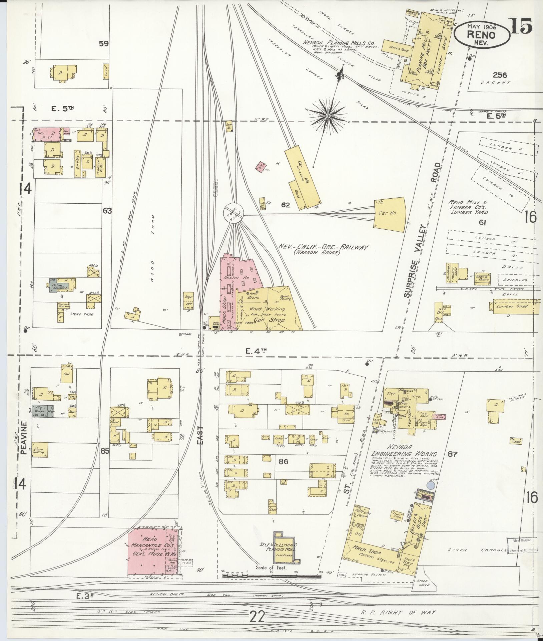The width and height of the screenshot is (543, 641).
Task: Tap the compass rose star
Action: click(x=328, y=116)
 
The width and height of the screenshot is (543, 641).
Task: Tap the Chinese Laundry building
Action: click(x=59, y=286)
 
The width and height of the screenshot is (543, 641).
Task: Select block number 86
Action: click(x=283, y=462)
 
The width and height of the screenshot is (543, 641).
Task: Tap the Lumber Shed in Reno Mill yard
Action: click(x=508, y=306)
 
